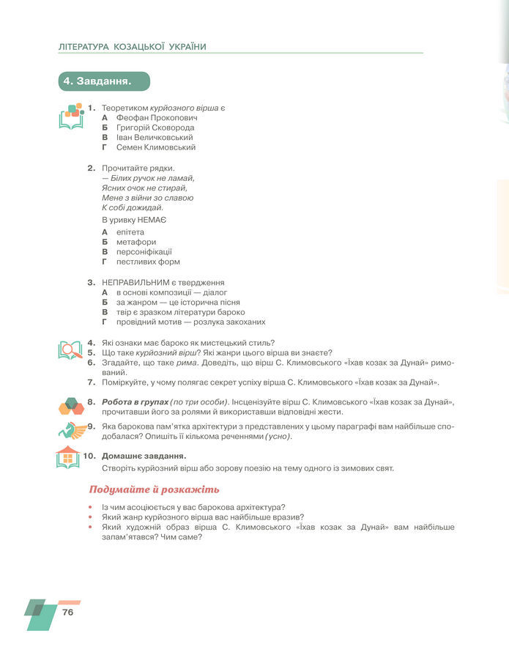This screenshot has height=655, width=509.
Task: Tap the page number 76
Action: tap(68, 612)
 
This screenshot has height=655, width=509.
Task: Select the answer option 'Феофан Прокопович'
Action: tap(157, 117)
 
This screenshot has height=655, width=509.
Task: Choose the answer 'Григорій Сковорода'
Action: tap(155, 127)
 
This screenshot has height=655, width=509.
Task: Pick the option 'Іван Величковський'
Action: tap(155, 137)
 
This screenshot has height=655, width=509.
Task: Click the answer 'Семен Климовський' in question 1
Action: tap(156, 147)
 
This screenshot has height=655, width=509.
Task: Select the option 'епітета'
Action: tap(130, 232)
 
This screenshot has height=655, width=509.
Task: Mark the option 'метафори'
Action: tap(135, 242)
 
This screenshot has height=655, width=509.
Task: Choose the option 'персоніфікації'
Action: tap(144, 252)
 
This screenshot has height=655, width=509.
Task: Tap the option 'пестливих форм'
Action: tap(148, 262)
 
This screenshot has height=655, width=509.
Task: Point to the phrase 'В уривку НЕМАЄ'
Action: tap(134, 220)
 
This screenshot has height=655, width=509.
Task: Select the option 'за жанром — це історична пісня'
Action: tap(178, 302)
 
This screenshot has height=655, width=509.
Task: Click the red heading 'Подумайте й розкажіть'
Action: tap(154, 489)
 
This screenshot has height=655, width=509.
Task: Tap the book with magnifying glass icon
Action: tap(70, 350)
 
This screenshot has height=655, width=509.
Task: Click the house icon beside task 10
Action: tap(67, 458)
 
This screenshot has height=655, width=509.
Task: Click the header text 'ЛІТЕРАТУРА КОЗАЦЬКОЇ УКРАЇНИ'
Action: tap(133, 47)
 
